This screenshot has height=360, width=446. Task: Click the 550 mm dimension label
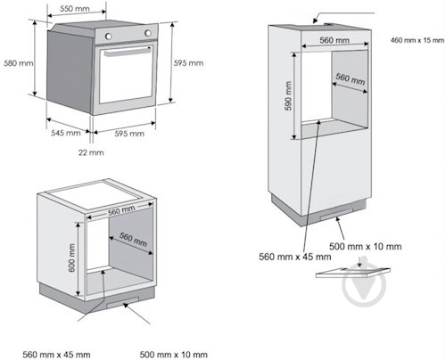pos(75,9)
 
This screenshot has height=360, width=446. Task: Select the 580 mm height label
pos(19,63)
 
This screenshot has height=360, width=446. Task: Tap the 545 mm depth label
pos(66,133)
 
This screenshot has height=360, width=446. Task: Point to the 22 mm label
pos(91,152)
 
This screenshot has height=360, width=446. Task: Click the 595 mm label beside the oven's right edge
pos(188,63)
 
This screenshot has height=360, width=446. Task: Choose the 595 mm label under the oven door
pos(129,134)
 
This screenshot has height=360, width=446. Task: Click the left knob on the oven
pos(108,37)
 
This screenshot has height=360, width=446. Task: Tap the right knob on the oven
pos(148,33)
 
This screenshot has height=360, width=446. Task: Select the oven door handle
pos(128,52)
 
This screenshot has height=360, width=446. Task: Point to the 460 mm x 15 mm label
pos(417,40)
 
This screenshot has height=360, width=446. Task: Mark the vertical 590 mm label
pos(288,95)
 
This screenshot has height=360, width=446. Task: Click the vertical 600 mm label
pos(71,258)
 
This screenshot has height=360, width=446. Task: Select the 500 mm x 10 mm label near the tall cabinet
pos(366,246)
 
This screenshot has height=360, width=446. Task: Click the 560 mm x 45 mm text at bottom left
pos(56,355)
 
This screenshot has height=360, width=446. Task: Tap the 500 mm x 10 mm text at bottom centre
pos(174,355)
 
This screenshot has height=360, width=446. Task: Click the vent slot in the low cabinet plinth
pos(123,302)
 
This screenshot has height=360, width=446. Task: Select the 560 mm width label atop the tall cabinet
pos(334,40)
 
